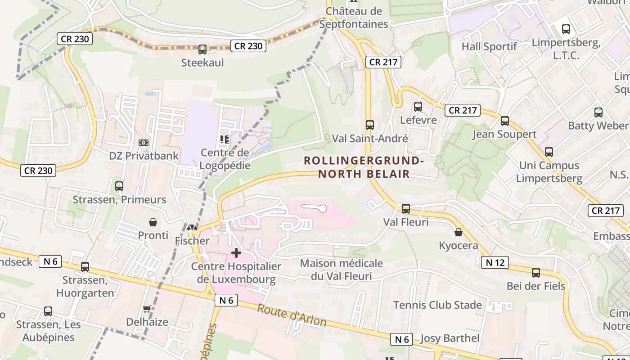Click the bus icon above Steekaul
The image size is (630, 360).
(x=202, y=49)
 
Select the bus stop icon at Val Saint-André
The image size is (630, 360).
(x=370, y=125)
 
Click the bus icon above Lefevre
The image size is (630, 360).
(x=418, y=107)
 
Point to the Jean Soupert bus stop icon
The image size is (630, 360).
(x=505, y=121)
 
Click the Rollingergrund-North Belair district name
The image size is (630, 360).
(x=364, y=167)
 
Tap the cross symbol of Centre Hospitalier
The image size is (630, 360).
(x=236, y=253)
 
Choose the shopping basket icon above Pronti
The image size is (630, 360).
(x=153, y=222)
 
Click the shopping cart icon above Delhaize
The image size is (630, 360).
(x=147, y=309)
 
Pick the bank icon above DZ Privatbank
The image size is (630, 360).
(x=144, y=143)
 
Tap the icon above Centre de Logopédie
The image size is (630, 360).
(x=225, y=139)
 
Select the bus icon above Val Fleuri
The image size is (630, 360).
(x=406, y=209)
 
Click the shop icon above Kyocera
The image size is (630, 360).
(x=458, y=232)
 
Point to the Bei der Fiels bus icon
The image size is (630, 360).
(x=536, y=273)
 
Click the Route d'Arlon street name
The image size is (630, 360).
(x=292, y=315)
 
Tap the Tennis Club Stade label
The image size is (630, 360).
(x=437, y=305)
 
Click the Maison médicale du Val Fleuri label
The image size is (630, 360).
(x=342, y=269)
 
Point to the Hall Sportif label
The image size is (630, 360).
(x=489, y=46)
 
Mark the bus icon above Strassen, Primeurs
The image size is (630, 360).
(x=119, y=186)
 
